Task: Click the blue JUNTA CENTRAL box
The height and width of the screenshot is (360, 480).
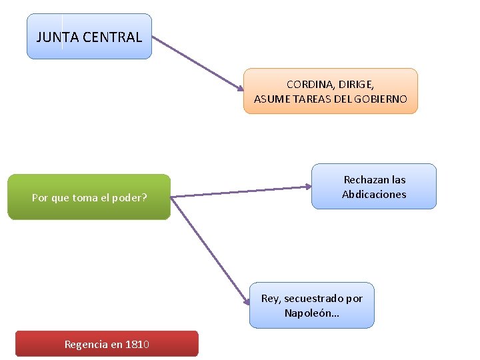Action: [x=89, y=37]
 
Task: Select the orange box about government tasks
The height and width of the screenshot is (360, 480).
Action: [x=330, y=91]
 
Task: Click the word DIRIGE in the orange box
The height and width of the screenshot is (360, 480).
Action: [x=356, y=85]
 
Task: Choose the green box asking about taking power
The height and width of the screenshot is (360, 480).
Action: [x=89, y=197]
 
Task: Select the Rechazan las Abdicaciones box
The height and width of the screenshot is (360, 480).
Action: [x=374, y=187]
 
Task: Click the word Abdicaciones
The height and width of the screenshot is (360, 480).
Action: [x=374, y=195]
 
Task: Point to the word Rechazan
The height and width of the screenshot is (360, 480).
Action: [x=361, y=179]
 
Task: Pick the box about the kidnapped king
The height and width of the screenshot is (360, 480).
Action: [x=312, y=305]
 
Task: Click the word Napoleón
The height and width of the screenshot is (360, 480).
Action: [x=309, y=313]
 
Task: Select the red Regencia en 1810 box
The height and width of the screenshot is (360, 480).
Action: [x=107, y=344]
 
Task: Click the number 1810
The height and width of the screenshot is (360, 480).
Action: [x=137, y=345]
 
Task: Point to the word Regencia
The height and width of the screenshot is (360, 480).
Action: [x=85, y=345]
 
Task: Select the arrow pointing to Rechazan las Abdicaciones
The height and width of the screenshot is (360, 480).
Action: [x=240, y=193]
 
